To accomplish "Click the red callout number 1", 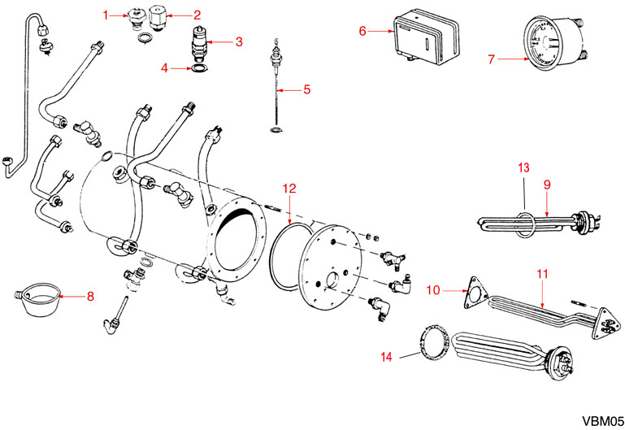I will click(105, 15).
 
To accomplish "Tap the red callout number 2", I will click(195, 15).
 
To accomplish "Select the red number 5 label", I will click(307, 89).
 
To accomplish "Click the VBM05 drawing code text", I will click(602, 419).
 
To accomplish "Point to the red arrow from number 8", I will click(72, 297).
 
